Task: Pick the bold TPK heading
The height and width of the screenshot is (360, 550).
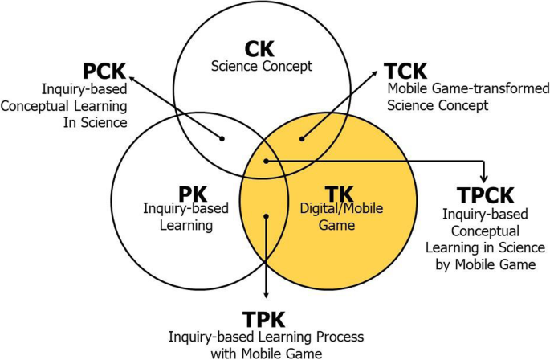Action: pyautogui.click(x=264, y=318)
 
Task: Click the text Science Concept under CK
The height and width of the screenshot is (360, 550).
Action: pyautogui.click(x=261, y=66)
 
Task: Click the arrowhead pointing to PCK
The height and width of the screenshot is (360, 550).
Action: pyautogui.click(x=131, y=76)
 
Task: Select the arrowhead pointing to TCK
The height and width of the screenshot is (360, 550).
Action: pyautogui.click(x=376, y=72)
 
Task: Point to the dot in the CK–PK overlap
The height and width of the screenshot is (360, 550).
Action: pyautogui.click(x=224, y=137)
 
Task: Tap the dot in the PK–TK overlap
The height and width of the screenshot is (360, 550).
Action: pyautogui.click(x=266, y=215)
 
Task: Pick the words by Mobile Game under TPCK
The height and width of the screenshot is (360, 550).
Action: pyautogui.click(x=486, y=264)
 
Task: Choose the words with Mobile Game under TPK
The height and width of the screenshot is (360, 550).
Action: pyautogui.click(x=265, y=353)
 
